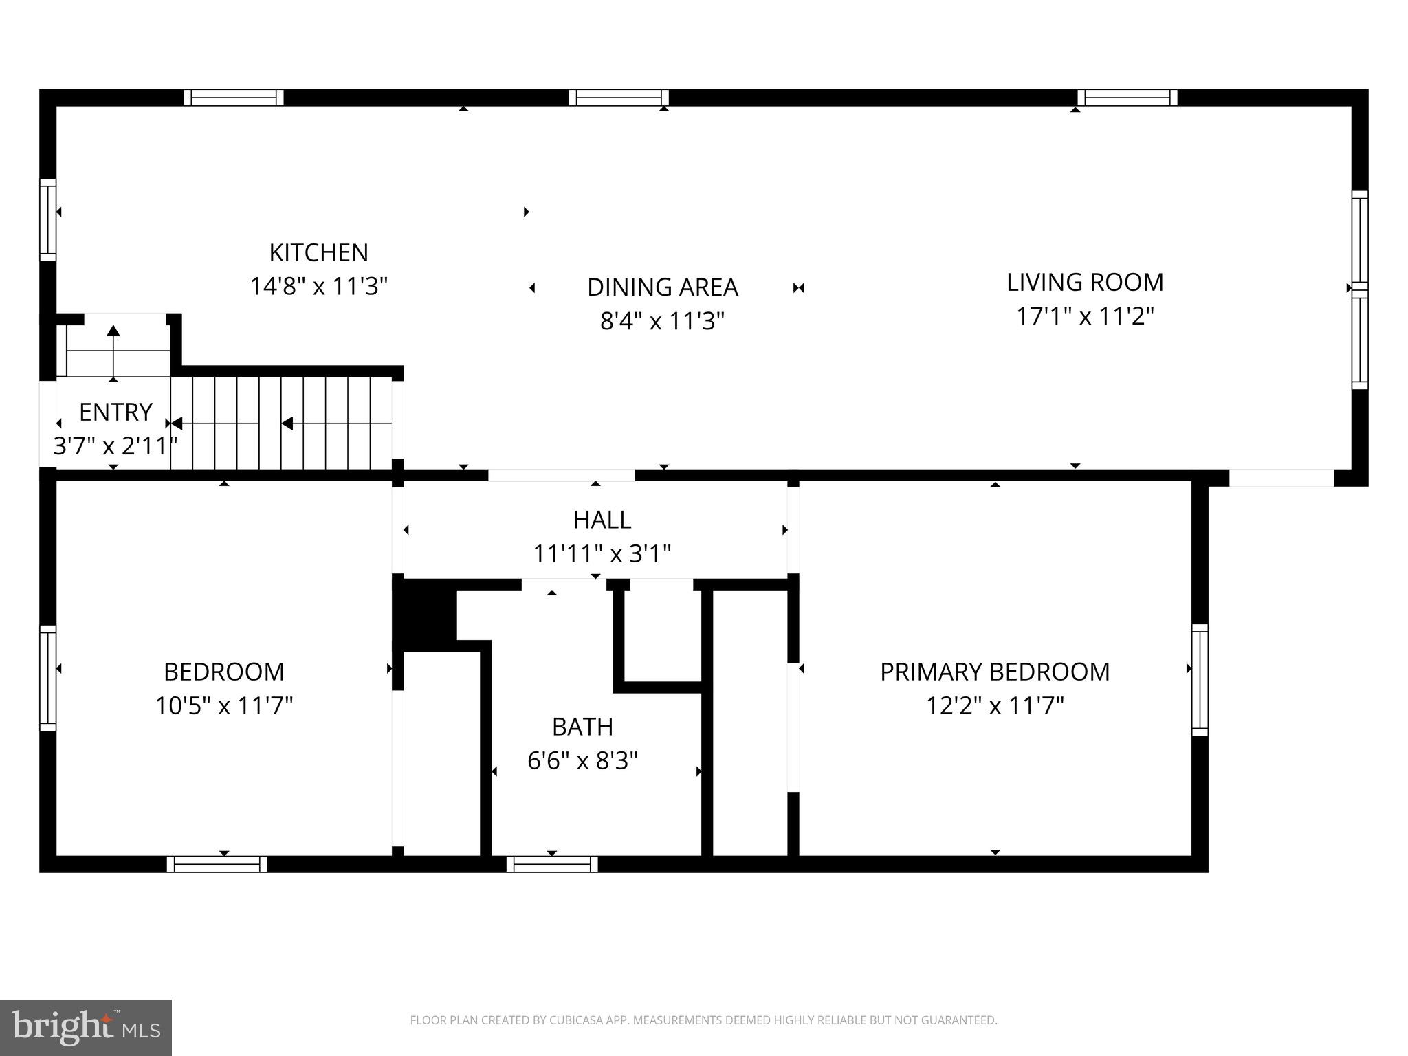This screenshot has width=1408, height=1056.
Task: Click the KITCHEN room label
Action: tap(318, 253)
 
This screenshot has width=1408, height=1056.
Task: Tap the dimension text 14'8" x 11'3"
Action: tap(318, 286)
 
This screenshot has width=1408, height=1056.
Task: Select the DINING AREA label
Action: tap(662, 287)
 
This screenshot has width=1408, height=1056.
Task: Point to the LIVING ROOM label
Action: tap(1085, 283)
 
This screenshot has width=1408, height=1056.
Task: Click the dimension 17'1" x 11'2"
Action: tap(1085, 316)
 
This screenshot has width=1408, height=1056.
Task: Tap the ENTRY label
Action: tap(115, 412)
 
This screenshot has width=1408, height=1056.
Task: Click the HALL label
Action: tap(602, 520)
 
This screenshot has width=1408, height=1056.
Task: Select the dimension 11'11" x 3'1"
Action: tap(602, 553)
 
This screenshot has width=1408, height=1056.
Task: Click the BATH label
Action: tap(582, 727)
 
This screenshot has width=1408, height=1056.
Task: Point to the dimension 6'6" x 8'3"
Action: tap(582, 760)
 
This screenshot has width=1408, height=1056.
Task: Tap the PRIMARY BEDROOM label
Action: tap(995, 672)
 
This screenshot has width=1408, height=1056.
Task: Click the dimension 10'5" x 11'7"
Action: tap(224, 706)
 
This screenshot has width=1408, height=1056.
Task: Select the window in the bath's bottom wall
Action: tap(552, 864)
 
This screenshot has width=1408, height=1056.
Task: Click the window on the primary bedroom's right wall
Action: tap(1200, 679)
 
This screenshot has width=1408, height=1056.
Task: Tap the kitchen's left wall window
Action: tap(47, 219)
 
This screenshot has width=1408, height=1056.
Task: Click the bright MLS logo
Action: tap(86, 1027)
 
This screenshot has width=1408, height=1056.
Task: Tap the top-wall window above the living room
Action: tap(1127, 98)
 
